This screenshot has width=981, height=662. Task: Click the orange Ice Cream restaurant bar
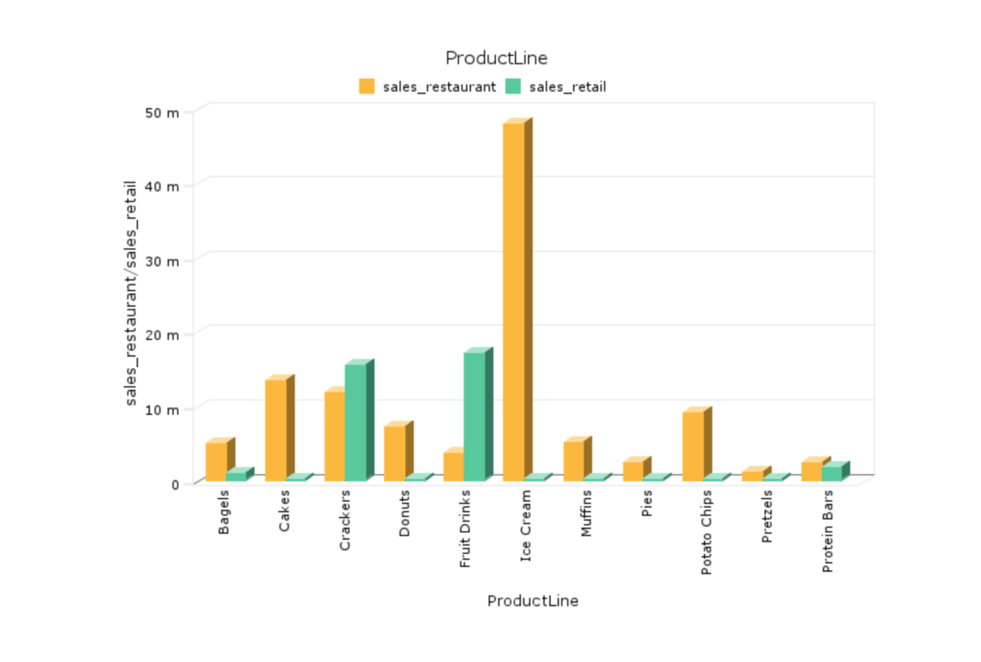pyautogui.click(x=513, y=302)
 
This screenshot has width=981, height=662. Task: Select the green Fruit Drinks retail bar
pyautogui.click(x=474, y=417)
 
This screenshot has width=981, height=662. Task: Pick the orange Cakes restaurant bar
pyautogui.click(x=276, y=430)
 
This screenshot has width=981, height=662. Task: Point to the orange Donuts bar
pyautogui.click(x=395, y=454)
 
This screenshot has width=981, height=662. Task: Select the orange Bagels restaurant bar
pyautogui.click(x=216, y=462)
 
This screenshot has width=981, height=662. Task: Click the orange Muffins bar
pyautogui.click(x=573, y=461)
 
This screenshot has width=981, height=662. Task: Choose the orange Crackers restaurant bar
pyautogui.click(x=335, y=436)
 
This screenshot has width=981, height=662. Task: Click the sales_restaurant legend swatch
pyautogui.click(x=367, y=87)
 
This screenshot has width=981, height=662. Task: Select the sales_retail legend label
pyautogui.click(x=567, y=87)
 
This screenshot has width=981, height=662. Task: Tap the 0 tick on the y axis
pyautogui.click(x=176, y=483)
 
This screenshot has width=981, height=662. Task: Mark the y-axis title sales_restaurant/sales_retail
pyautogui.click(x=131, y=293)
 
